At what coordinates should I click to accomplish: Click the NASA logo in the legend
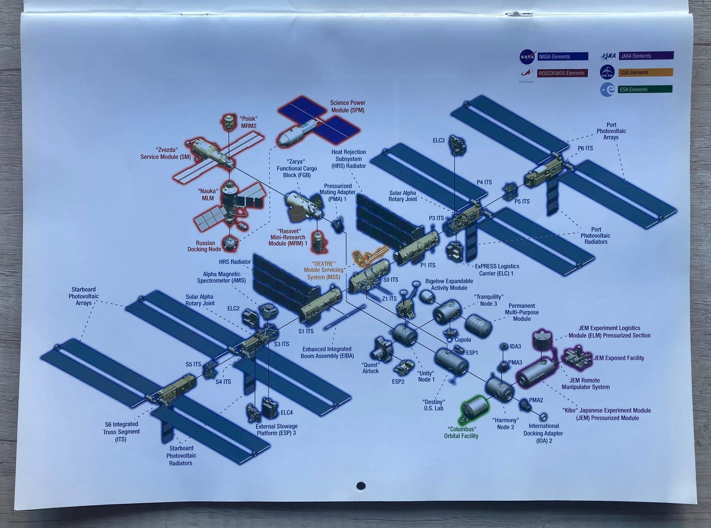click(527, 57)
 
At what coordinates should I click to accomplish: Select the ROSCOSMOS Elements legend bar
click(562, 73)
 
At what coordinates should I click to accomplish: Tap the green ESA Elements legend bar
click(645, 89)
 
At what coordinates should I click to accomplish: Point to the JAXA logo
click(608, 56)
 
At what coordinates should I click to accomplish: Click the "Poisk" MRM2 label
click(248, 122)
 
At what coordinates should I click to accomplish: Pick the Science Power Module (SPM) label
click(348, 106)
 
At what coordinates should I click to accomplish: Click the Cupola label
click(462, 340)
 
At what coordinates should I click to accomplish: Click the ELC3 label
click(438, 141)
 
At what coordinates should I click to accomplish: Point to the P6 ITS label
click(585, 148)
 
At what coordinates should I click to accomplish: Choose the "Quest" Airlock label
click(370, 368)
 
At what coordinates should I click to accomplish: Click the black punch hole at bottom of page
click(361, 486)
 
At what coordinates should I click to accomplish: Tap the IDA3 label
click(515, 346)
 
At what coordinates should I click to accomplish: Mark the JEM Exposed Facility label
click(619, 358)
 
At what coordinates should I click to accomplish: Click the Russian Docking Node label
click(204, 246)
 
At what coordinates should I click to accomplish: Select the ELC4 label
click(286, 413)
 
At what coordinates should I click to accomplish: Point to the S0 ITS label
click(390, 280)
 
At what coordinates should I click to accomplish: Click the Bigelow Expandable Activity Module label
click(449, 284)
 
